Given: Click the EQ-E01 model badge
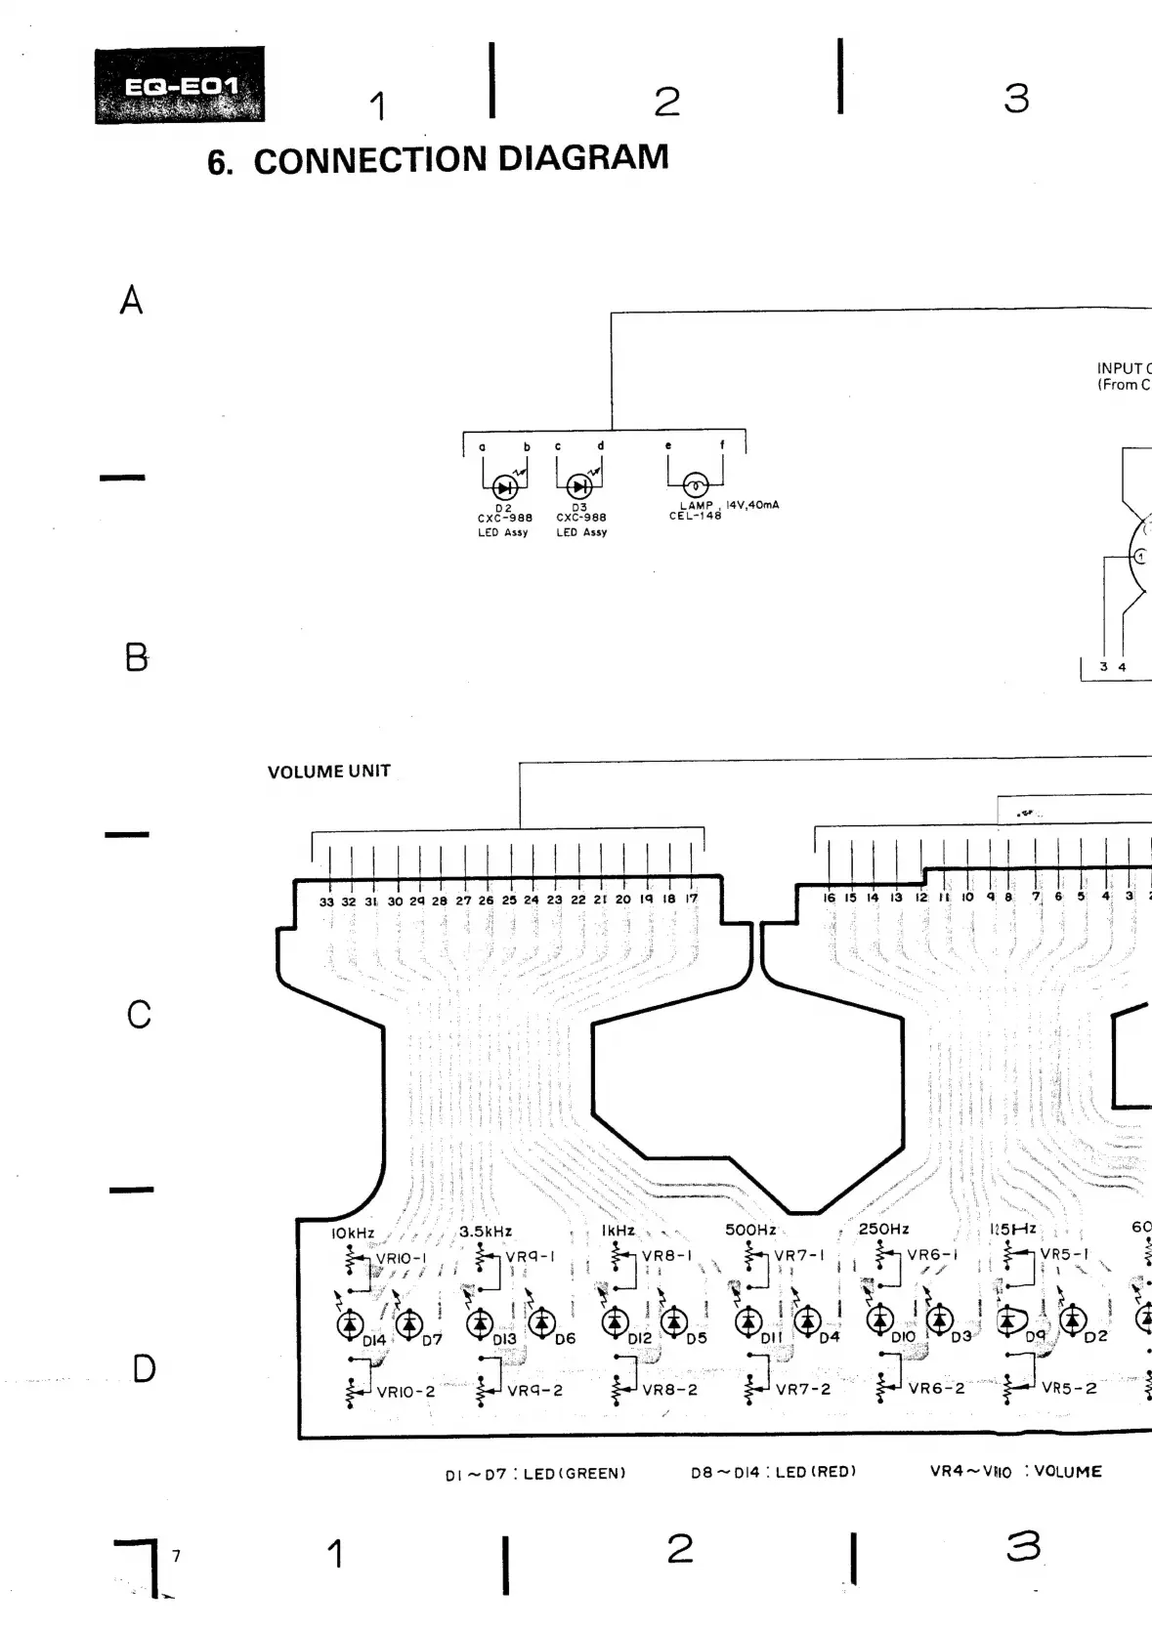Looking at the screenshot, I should [180, 86].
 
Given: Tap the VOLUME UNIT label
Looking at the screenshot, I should [328, 772].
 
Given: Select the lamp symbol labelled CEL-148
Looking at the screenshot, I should [695, 484].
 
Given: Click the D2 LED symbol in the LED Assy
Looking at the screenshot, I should [504, 486].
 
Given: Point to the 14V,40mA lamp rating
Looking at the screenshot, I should [752, 505].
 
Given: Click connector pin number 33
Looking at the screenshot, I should [326, 901].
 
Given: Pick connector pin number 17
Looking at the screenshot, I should [692, 899].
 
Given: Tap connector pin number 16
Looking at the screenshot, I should [829, 898].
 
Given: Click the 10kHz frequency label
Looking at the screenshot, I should [352, 1233].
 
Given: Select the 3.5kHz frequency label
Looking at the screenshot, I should [486, 1232].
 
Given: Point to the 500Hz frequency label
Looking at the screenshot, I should [749, 1230].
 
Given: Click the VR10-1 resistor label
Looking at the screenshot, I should [401, 1258].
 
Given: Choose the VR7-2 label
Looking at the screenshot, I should [802, 1389].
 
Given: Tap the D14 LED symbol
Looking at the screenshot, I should [349, 1324].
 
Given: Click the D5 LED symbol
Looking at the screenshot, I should [673, 1322].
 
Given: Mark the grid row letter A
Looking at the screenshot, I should [131, 300].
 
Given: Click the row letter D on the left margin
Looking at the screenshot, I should [143, 1368].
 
